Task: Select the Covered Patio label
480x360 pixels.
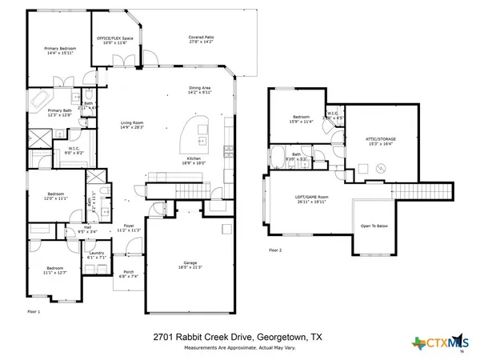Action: [x=201, y=40]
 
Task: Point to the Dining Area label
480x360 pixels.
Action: [x=199, y=90]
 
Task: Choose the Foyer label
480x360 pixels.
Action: [x=129, y=227]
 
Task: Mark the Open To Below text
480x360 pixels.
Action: [x=374, y=226]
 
